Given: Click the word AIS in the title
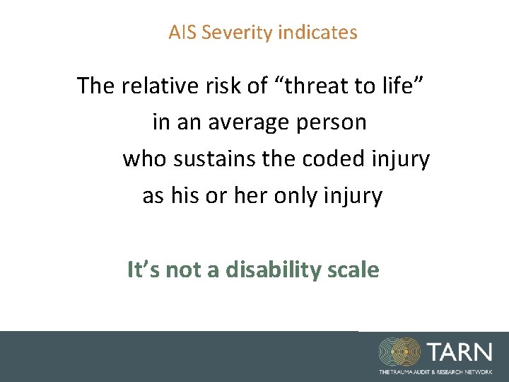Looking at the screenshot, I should tap(182, 33).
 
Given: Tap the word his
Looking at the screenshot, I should tap(186, 196).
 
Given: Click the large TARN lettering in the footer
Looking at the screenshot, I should tap(459, 351).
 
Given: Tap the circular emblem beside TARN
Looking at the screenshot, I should tap(400, 352).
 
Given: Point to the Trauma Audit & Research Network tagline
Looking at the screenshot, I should tap(435, 372).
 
